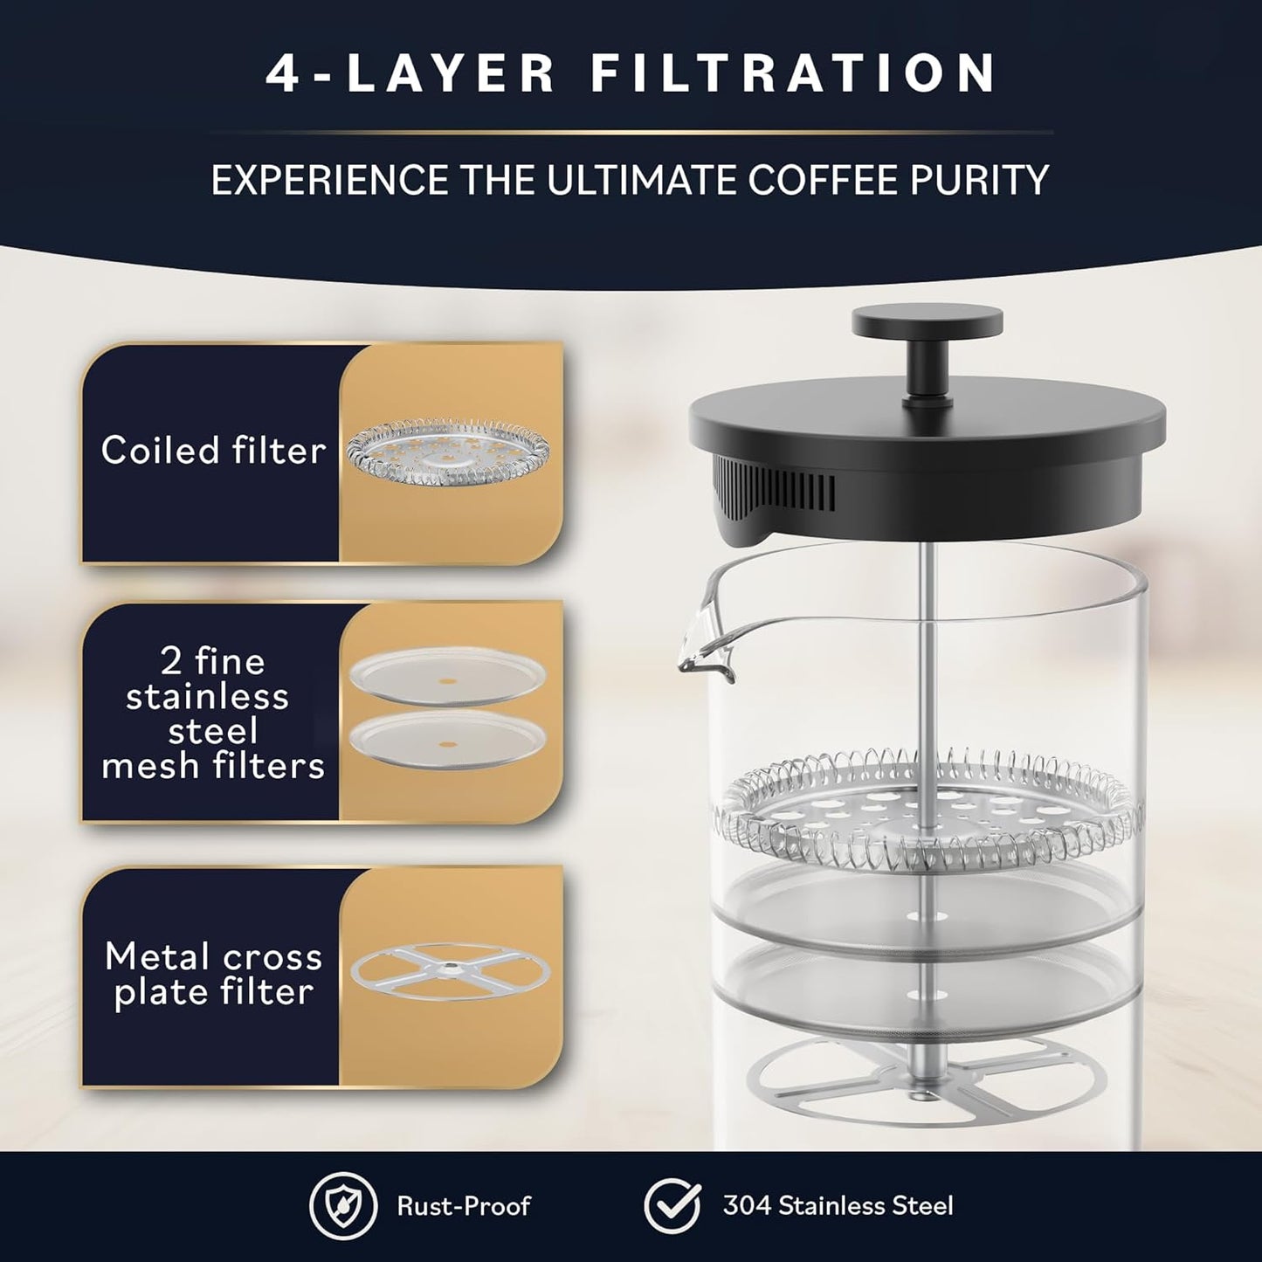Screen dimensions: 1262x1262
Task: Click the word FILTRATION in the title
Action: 794,72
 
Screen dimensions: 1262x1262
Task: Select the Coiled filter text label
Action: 213,451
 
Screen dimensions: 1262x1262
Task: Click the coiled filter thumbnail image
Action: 447,452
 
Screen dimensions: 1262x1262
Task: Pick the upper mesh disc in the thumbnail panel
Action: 447,675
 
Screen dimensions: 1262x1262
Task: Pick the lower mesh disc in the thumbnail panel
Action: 447,740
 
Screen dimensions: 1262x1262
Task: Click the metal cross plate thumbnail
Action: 449,969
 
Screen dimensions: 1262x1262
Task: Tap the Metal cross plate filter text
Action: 213,974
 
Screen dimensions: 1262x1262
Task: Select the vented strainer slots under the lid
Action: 775,486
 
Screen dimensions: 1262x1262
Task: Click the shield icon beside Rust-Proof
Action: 343,1206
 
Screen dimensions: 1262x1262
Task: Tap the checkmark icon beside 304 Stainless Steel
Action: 672,1206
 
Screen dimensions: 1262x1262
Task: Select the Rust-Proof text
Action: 463,1206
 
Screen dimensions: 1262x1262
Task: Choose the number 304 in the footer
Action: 748,1206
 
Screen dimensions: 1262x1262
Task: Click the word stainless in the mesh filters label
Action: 207,697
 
